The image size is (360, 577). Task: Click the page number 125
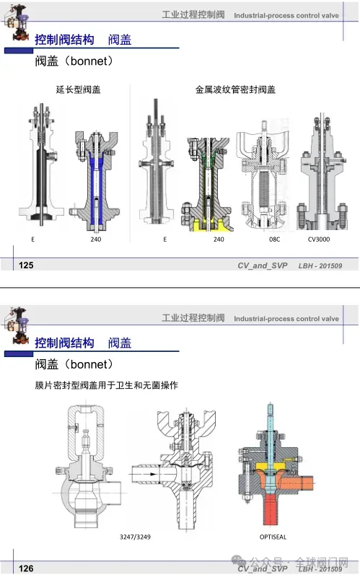pos(26,265)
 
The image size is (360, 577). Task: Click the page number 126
pos(26,568)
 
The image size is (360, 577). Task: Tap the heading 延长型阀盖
pos(78,89)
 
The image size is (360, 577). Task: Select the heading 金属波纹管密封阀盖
pos(235,89)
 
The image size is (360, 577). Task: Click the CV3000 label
pos(319,239)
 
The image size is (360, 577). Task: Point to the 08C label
pos(274,239)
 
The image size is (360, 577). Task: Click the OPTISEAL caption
pos(273,537)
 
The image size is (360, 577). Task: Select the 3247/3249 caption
pos(135,537)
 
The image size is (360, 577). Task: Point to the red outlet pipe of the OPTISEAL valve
pos(273,509)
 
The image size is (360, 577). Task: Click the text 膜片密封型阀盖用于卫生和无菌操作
pos(106,385)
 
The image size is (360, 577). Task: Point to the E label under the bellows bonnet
pos(165,239)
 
